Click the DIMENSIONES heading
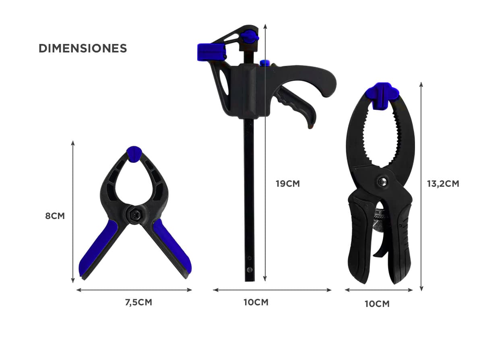point(83,48)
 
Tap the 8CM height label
point(55,216)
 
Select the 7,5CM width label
point(138,302)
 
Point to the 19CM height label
point(288,184)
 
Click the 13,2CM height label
point(443,184)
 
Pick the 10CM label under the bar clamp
point(256,302)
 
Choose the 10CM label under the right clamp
point(377,304)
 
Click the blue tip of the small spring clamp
point(134,154)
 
